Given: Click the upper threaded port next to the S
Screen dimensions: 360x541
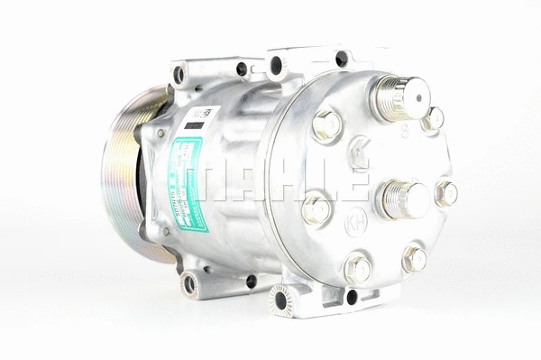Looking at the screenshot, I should point(401,97).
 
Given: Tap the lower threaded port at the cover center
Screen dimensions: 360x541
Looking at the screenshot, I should point(403,198).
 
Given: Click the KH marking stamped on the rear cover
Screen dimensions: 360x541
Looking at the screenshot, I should point(357,221).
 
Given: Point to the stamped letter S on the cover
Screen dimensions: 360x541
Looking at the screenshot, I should point(405,133).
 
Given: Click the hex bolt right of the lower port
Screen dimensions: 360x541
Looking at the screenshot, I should point(446,193).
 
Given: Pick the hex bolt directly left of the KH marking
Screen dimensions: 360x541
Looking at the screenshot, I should point(316,210).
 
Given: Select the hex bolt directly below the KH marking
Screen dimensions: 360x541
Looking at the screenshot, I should point(358,268).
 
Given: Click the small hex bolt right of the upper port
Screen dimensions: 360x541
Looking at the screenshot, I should point(434,118).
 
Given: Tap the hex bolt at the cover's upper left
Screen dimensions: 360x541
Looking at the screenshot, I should point(327,125).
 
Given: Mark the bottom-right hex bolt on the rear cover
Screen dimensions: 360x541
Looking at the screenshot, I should point(414,259).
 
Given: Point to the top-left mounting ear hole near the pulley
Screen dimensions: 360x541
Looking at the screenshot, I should point(179,75).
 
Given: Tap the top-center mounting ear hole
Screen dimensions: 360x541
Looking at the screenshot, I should point(277,65).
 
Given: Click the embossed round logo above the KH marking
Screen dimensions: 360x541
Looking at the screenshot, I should point(358,152).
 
